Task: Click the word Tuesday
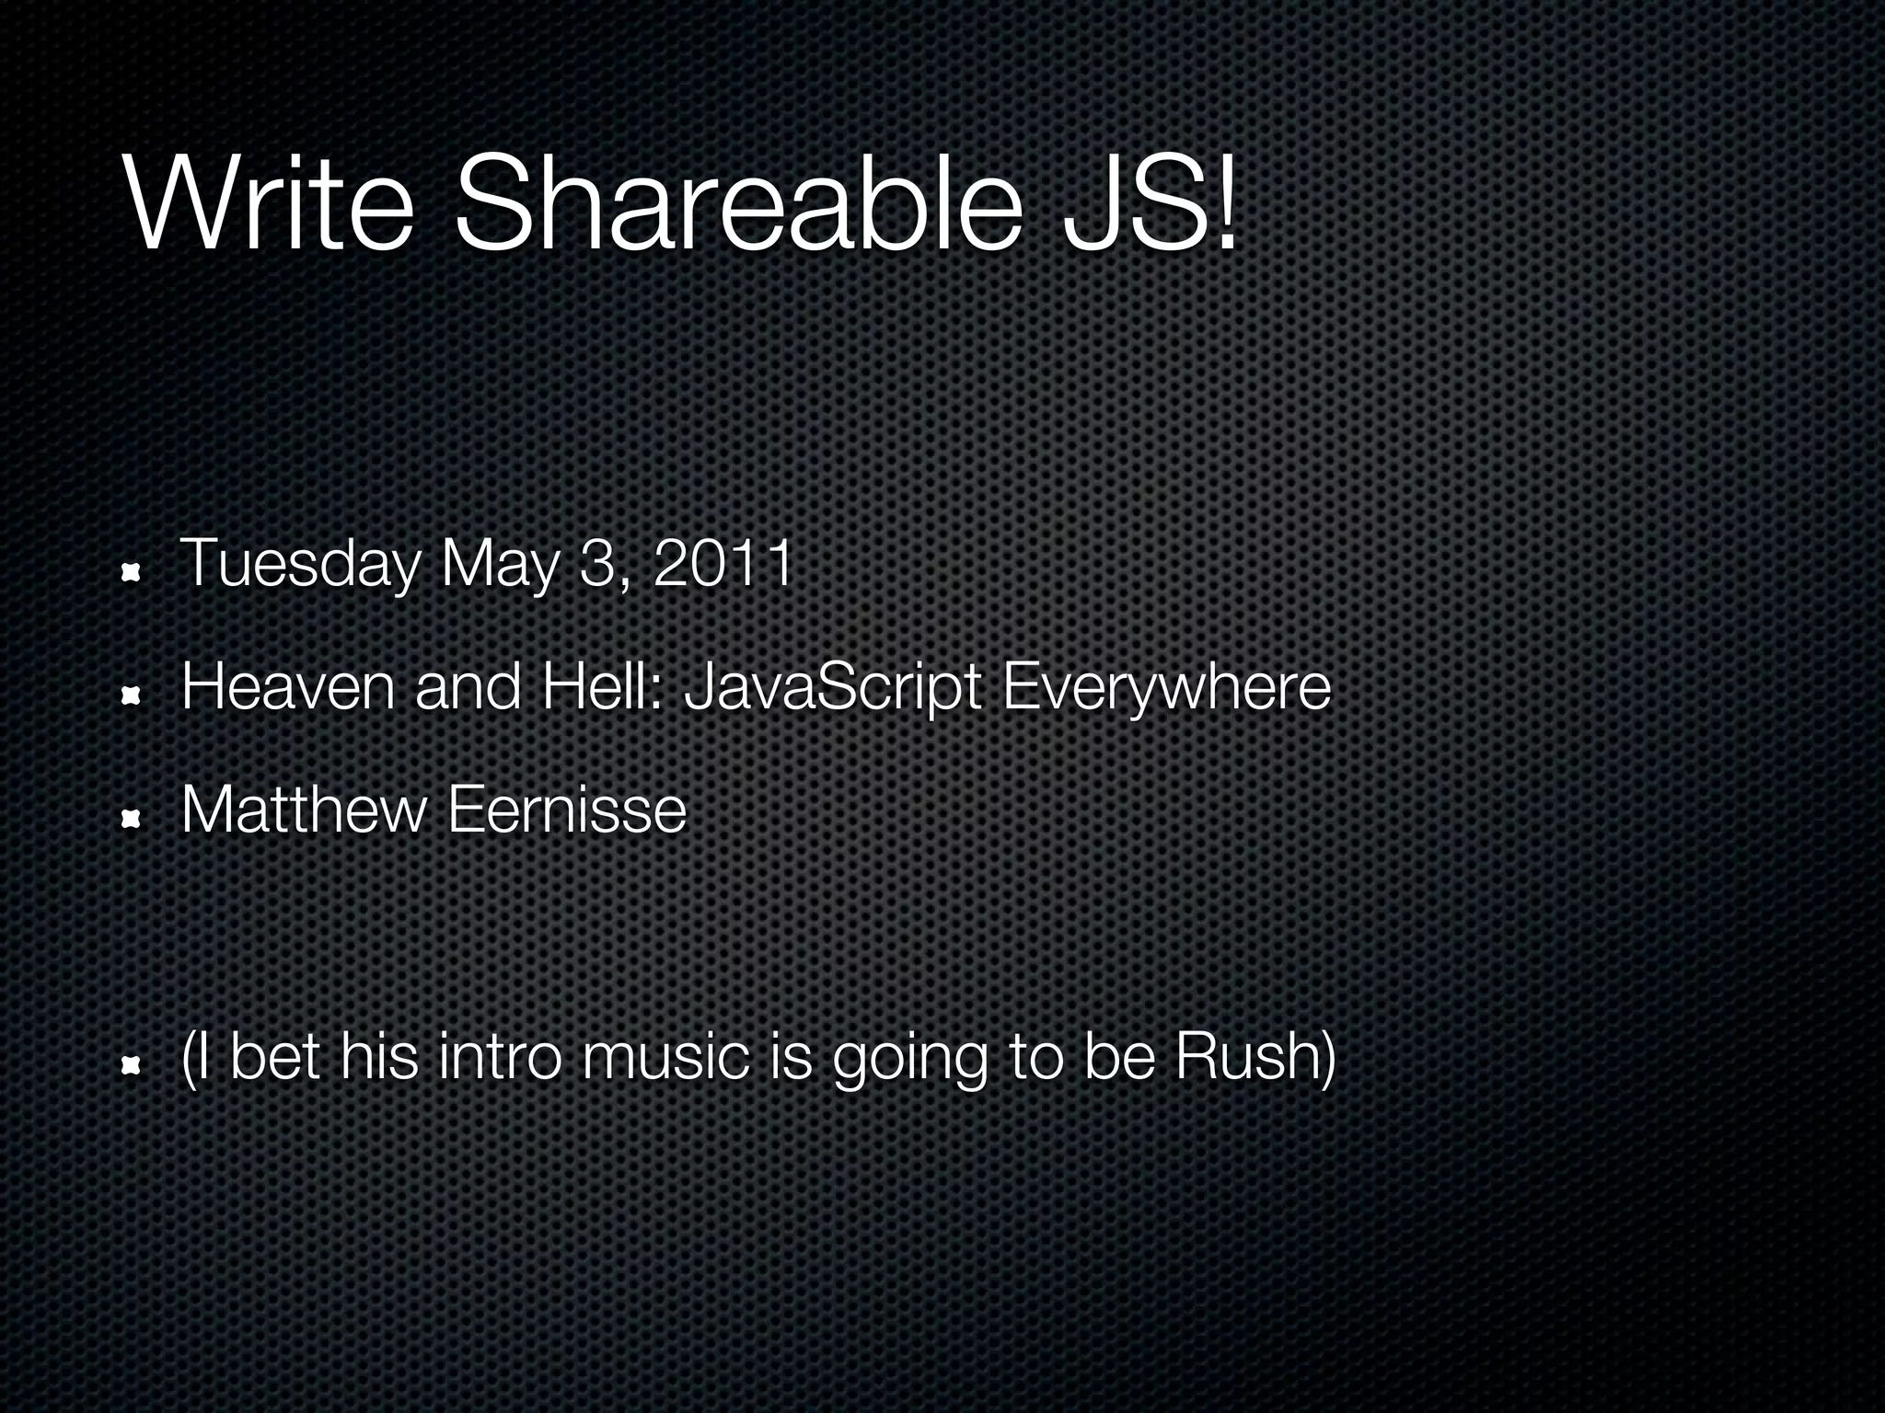click(299, 564)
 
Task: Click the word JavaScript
click(834, 688)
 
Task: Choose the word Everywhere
click(1165, 688)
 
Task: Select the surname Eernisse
click(567, 810)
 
